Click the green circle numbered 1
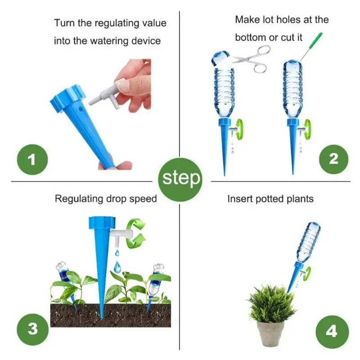[32, 160]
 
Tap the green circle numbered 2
[333, 159]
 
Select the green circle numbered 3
[32, 329]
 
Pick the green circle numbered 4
[332, 332]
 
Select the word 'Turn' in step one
[64, 23]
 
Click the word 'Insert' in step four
[240, 199]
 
